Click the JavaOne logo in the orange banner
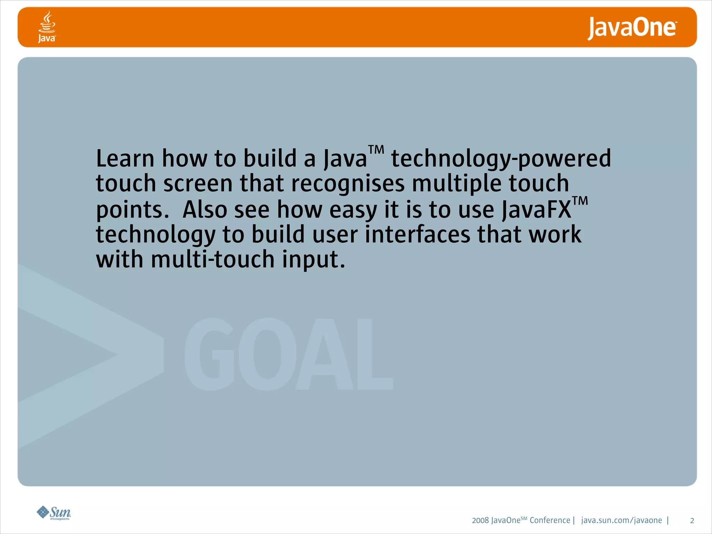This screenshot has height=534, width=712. click(632, 28)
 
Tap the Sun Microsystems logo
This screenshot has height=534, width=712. click(54, 513)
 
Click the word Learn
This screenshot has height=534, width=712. click(125, 159)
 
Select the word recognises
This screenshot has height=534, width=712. click(348, 184)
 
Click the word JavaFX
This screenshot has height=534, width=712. click(536, 210)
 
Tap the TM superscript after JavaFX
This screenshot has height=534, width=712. click(580, 201)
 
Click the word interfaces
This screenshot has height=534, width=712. click(417, 234)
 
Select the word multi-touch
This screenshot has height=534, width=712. click(213, 259)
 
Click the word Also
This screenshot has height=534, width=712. click(204, 210)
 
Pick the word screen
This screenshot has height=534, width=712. click(198, 184)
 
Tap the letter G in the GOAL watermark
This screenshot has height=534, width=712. click(209, 355)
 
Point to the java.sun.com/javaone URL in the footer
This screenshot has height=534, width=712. click(621, 520)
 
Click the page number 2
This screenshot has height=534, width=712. click(692, 521)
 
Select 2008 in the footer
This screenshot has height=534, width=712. click(480, 520)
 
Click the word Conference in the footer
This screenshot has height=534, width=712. click(550, 520)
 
